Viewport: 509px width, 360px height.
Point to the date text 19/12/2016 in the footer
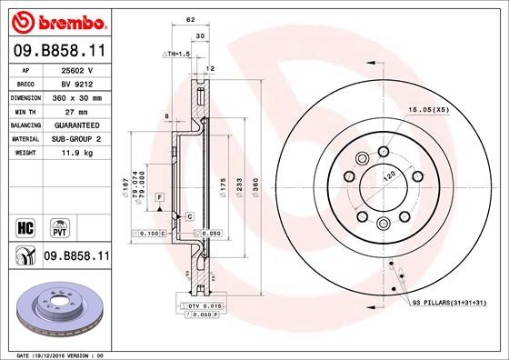62,354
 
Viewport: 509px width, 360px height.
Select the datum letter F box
159,197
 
